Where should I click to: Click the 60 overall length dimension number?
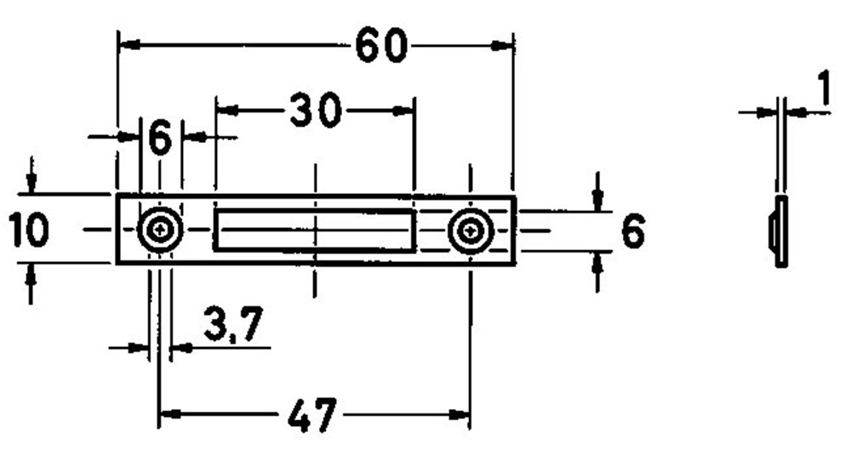coord(381,45)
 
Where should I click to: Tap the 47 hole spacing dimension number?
coord(312,416)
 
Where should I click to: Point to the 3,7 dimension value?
coord(232,326)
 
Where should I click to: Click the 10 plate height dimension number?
coord(29,231)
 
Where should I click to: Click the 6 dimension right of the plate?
coord(632,231)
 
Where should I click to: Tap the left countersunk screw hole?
coord(160,230)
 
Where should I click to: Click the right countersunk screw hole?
coord(470,231)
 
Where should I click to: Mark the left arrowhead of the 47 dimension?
coord(168,416)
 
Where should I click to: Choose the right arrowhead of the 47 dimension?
coord(461,416)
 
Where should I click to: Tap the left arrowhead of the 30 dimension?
coord(224,110)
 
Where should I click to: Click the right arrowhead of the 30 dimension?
coord(405,110)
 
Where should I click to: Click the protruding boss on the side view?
coord(773,231)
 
